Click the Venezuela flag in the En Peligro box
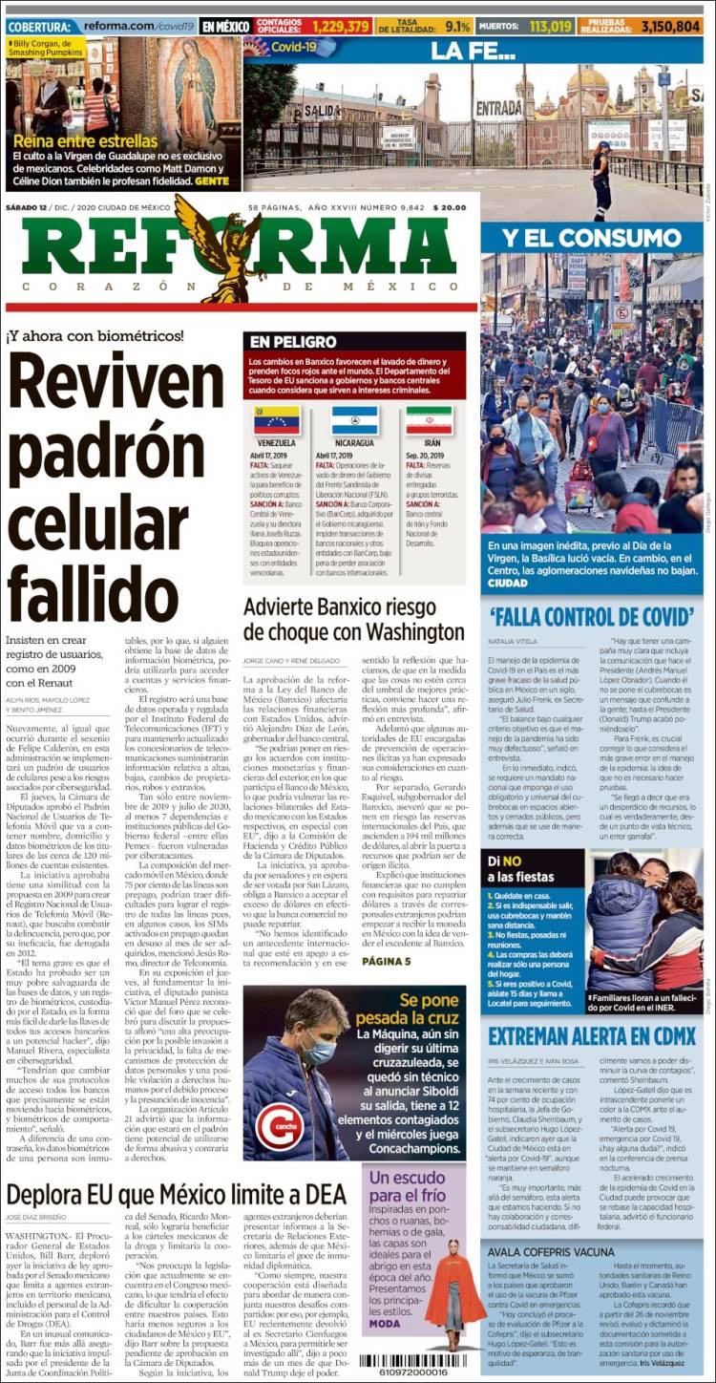pos(276,420)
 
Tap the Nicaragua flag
pos(354,420)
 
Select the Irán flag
pos(429,420)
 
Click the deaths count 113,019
pos(550,27)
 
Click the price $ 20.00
pos(450,207)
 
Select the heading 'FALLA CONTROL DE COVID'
pos(592,616)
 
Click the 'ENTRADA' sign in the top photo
pos(498,107)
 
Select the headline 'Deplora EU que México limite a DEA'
pos(176,1193)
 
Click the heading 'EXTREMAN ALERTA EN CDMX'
pos(592,1035)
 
